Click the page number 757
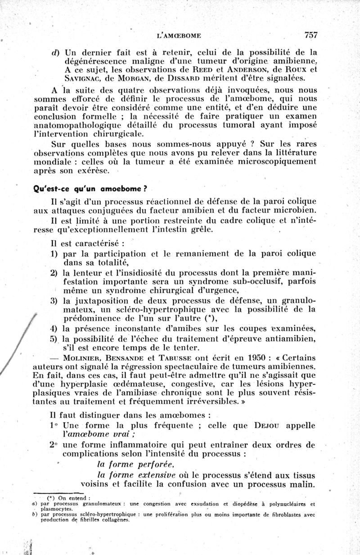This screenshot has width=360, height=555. pyautogui.click(x=311, y=34)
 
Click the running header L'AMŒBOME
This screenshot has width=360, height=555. pyautogui.click(x=178, y=35)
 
